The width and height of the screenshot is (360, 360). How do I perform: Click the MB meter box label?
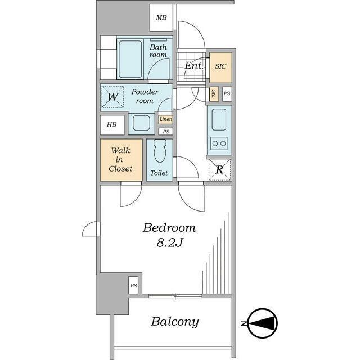[x=161, y=17]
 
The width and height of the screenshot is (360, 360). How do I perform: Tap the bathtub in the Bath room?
[x=130, y=59]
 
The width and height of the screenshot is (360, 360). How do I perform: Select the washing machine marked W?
[x=112, y=97]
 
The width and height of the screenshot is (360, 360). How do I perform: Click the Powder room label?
[x=145, y=96]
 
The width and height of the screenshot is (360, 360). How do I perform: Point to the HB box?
[x=112, y=125]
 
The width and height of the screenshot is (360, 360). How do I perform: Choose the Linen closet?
[x=166, y=119]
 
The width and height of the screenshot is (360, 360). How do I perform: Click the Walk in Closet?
[x=121, y=160]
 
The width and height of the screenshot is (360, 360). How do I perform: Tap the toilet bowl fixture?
[x=160, y=151]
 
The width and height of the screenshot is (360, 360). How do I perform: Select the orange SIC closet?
[x=220, y=67]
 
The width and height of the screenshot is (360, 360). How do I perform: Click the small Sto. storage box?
[x=214, y=94]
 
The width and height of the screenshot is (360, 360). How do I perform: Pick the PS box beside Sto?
[x=227, y=94]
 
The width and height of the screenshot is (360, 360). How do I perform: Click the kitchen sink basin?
[x=219, y=120]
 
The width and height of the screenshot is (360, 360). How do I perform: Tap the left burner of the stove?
[x=215, y=143]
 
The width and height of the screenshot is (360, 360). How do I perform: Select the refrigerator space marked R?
[x=220, y=170]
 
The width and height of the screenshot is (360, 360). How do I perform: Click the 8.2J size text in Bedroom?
[x=170, y=242]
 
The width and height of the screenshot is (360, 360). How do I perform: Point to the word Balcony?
[x=175, y=322]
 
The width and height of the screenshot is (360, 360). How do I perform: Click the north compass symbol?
[x=263, y=323]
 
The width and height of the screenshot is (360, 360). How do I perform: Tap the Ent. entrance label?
[x=194, y=66]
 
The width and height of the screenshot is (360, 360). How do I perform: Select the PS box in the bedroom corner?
[x=133, y=285]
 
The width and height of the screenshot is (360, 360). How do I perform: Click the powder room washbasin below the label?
[x=141, y=123]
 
